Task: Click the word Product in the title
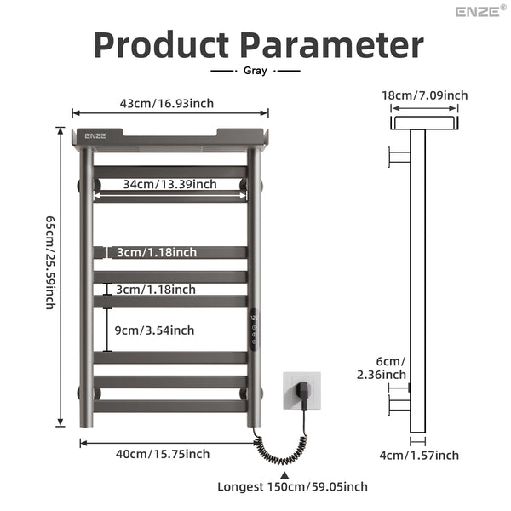(162, 45)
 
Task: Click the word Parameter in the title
(332, 45)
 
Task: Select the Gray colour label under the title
(255, 71)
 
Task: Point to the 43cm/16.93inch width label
(167, 104)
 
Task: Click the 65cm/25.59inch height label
(50, 262)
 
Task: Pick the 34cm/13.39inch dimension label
(169, 185)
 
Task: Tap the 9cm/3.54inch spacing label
(154, 330)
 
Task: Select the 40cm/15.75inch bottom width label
(163, 454)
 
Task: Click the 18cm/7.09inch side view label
(425, 95)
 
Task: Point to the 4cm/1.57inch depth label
(419, 456)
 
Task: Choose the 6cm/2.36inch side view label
(382, 368)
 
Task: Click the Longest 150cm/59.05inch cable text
(292, 487)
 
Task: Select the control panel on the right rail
(254, 330)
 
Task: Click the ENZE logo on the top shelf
(95, 136)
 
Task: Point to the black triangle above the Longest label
(284, 475)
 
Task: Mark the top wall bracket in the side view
(399, 157)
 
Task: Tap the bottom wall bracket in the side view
(399, 405)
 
